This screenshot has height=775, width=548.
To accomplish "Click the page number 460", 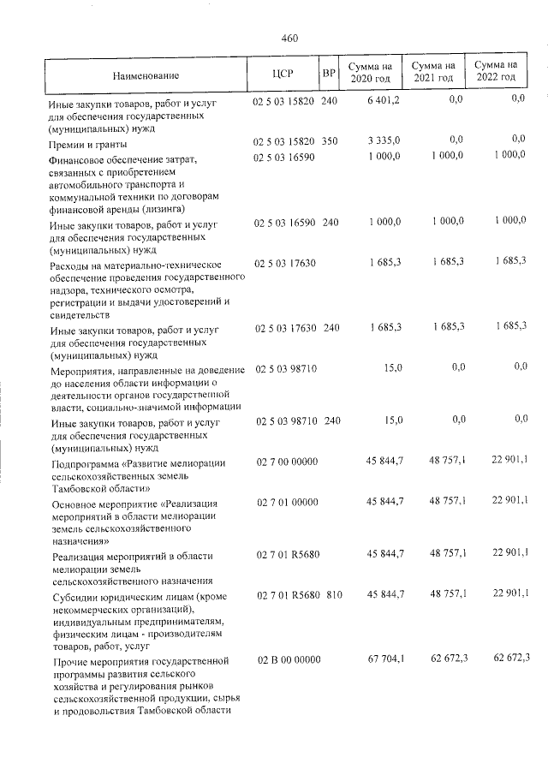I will coord(289,38).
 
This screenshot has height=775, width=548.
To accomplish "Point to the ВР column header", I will coord(328,74).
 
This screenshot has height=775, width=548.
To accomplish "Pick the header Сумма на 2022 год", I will coord(497,71).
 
